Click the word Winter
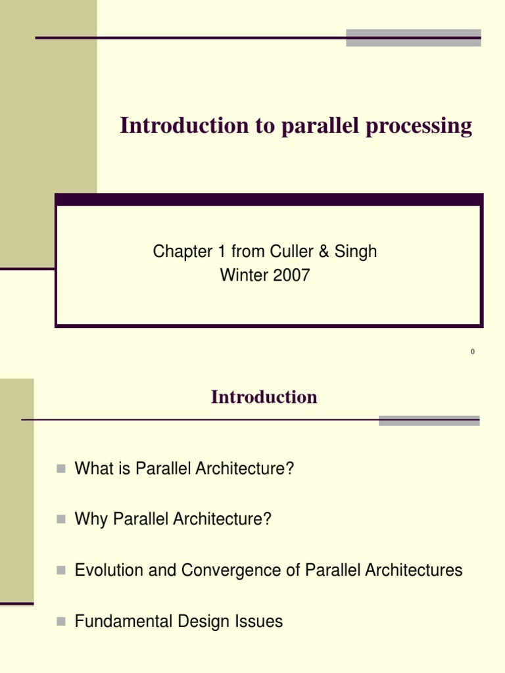[x=243, y=275]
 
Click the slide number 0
[x=472, y=352]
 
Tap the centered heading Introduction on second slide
[x=264, y=397]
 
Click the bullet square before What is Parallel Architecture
[x=61, y=469]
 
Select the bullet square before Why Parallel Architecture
[x=61, y=519]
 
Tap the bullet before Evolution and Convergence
[x=61, y=570]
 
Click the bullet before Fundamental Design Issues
[x=61, y=620]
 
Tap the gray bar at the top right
[x=413, y=37]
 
